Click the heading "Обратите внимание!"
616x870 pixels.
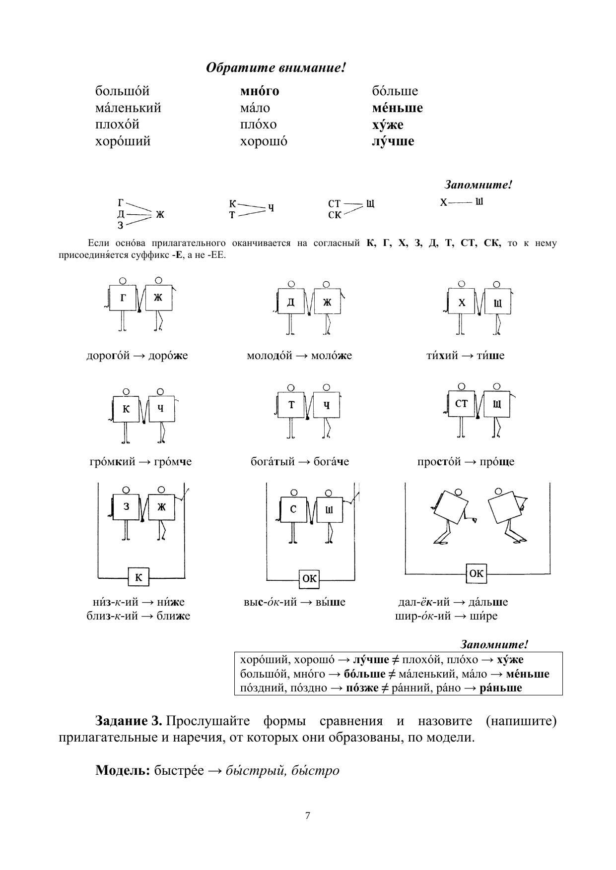coord(275,67)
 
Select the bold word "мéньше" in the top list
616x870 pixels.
coord(397,108)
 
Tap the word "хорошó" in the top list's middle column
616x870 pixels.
coord(263,141)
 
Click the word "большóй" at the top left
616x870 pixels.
coord(122,91)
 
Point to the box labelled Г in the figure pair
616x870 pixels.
coord(123,298)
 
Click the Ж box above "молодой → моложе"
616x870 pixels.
coord(327,301)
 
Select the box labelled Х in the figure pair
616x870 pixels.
coord(462,302)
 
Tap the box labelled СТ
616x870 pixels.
coord(462,404)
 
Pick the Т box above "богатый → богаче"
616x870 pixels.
coord(291,405)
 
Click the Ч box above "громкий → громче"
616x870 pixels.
coord(160,409)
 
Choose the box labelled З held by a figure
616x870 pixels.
coord(126,506)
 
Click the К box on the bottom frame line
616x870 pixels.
coord(138,577)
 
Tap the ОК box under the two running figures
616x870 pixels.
coord(476,573)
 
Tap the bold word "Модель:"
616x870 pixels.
coord(123,770)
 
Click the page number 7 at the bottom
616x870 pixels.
coord(308,815)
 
